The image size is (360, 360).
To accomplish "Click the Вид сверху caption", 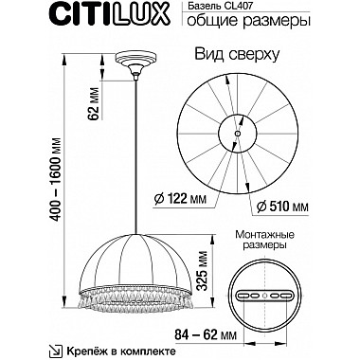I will coord(238,55).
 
